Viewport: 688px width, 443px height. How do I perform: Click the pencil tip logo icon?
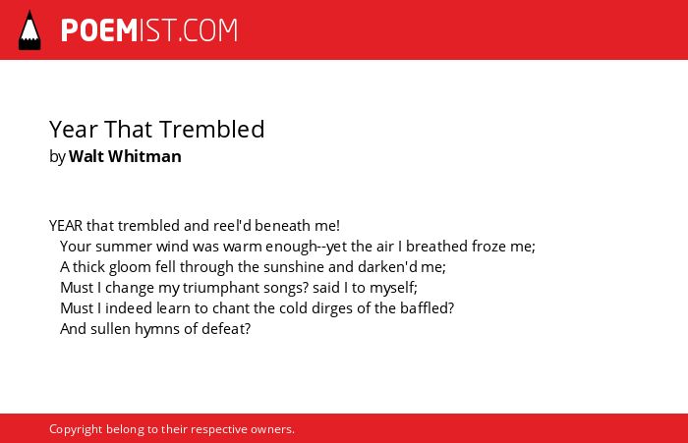tap(29, 30)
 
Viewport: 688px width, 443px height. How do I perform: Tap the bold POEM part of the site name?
tap(99, 30)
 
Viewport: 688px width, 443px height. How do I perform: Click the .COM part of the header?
tap(207, 30)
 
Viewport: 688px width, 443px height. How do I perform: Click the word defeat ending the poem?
tap(225, 328)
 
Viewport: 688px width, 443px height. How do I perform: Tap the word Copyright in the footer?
tap(76, 429)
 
